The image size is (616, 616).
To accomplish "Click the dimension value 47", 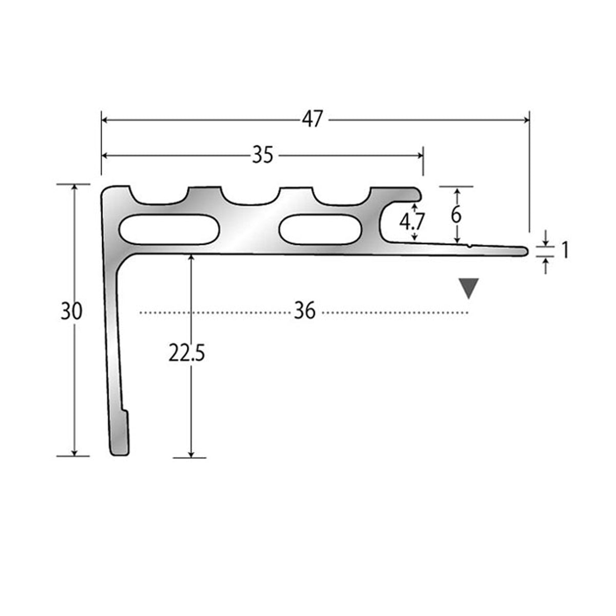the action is pos(313,120).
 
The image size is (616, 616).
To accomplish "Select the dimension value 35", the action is pos(263,155).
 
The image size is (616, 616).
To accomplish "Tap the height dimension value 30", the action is pos(71,311).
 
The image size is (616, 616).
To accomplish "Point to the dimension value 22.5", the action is pos(187,353).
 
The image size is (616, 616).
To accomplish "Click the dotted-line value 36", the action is pos(304,311).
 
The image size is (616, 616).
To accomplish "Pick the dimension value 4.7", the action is pos(412,222).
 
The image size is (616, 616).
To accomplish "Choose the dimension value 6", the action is pos(456,215).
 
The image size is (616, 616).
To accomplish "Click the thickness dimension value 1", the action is pos(565,250).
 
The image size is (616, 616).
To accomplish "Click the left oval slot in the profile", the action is pos(169,229).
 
